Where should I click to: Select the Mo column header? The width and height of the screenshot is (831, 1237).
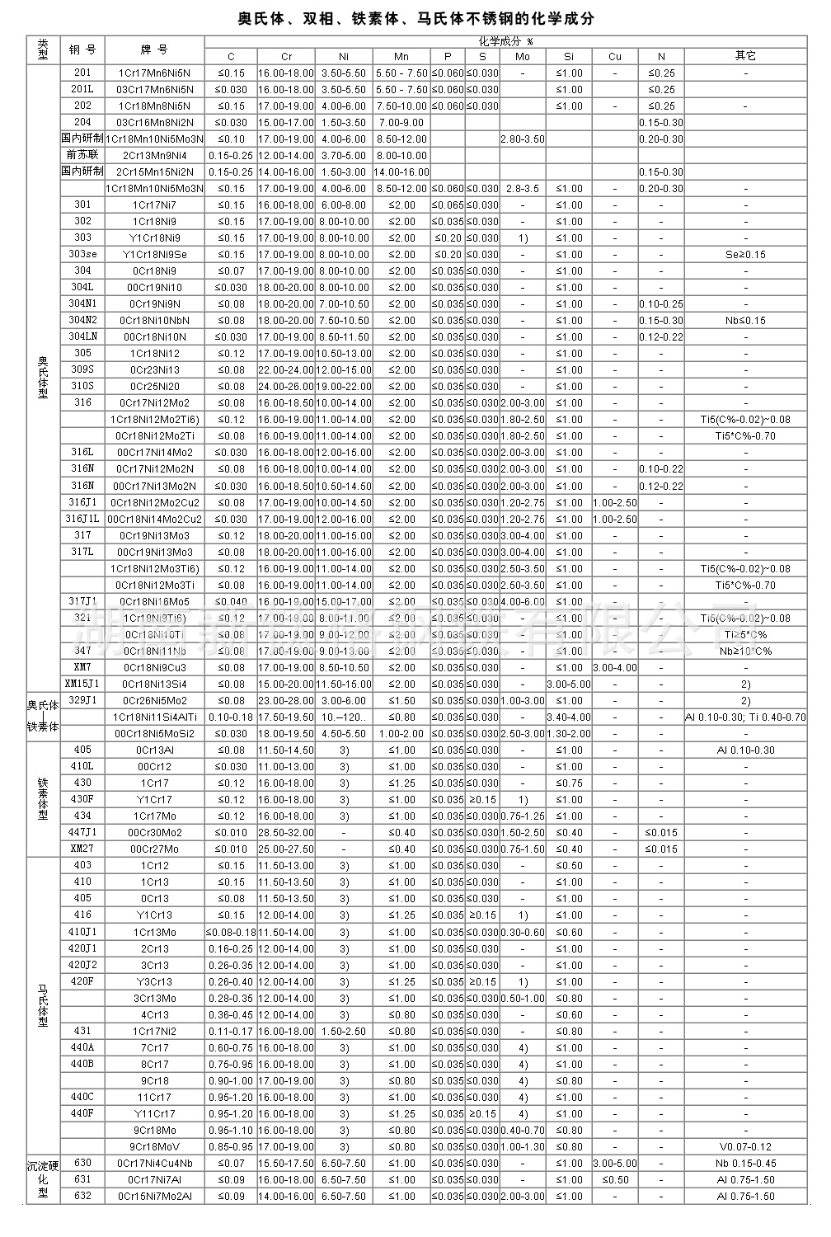pos(522,56)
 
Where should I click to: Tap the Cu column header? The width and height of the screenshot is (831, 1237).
pos(614,56)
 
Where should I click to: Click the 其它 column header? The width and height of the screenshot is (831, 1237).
pos(745,56)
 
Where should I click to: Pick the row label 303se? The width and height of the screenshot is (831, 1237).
pos(82,254)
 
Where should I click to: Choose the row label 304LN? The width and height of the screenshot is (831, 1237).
pos(82,336)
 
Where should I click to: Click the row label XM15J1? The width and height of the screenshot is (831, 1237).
pos(82,684)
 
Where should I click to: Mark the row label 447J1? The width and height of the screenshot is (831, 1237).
pos(82,832)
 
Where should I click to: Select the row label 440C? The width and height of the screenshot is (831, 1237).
pos(82,1097)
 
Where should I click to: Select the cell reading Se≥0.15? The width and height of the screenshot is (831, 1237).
pos(745,254)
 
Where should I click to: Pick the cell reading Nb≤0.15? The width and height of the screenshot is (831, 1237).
pos(745,320)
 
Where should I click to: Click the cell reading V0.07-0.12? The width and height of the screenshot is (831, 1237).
pos(745,1146)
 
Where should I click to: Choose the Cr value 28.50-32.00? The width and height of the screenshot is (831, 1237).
pos(286,832)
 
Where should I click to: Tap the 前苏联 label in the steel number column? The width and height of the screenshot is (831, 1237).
pos(82,155)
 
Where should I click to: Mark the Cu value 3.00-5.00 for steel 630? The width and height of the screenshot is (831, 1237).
pos(614,1163)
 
